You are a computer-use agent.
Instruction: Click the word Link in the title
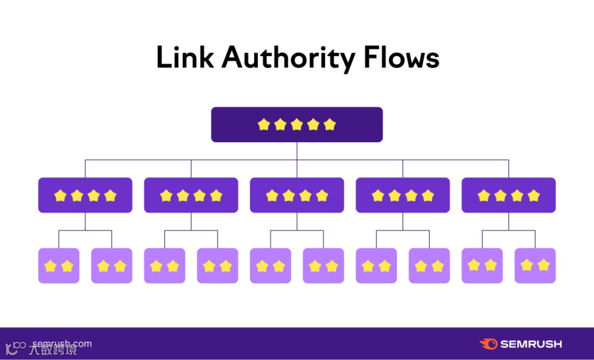pos(184,58)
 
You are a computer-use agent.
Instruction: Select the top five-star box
pos(297,125)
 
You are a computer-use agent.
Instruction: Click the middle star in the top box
pos(297,125)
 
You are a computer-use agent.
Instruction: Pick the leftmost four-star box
pos(85,195)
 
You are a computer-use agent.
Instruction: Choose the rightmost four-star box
pos(509,195)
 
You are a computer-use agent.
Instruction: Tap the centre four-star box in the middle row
pos(297,195)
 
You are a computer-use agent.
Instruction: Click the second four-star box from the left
pos(191,195)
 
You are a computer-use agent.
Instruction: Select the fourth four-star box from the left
pos(403,195)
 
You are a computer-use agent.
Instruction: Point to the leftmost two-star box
pos(59,266)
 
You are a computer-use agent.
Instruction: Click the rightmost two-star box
pos(535,266)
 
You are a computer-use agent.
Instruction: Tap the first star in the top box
pos(264,125)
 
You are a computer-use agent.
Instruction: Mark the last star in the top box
pos(329,125)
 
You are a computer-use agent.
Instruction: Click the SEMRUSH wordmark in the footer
pos(531,344)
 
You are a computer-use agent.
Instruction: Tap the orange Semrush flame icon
pos(488,344)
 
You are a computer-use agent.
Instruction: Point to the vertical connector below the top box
pos(297,151)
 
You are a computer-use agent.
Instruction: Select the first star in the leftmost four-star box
pos(60,195)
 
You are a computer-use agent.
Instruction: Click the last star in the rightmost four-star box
pos(533,195)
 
